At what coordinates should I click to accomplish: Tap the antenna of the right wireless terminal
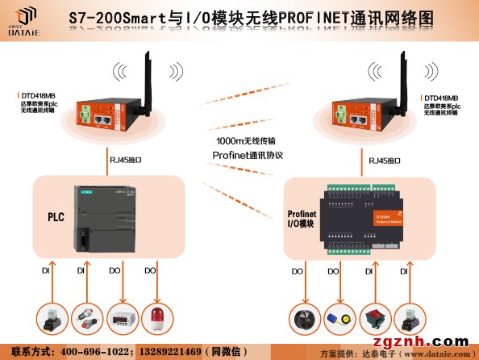tap(399, 76)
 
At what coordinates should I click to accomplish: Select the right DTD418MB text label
tap(441, 98)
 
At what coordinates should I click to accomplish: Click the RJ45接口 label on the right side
tap(382, 161)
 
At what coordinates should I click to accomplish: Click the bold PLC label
tap(56, 217)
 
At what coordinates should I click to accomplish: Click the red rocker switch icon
tap(372, 317)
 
